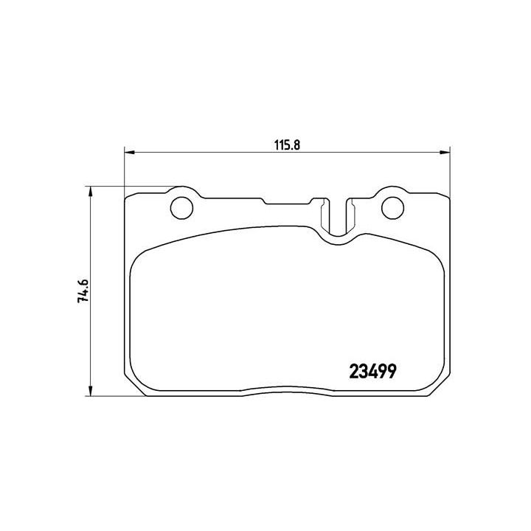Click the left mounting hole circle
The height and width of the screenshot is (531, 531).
181,209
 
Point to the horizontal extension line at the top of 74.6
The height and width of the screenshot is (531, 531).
133,187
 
